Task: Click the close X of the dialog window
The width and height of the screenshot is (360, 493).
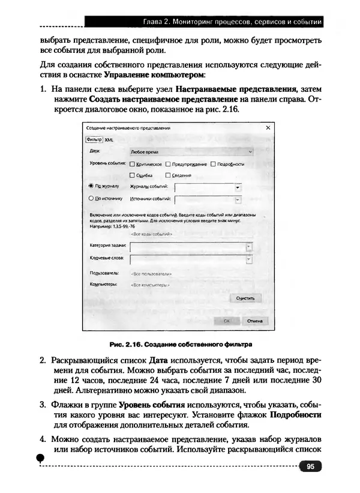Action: coord(268,128)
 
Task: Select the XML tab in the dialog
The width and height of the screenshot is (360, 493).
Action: coord(109,139)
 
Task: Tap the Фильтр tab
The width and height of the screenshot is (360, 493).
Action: coord(95,139)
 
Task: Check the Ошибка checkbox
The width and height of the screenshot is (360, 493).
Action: coord(132,175)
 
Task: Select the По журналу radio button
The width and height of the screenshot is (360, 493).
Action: coord(91,187)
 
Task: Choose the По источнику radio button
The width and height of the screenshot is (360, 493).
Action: coord(91,198)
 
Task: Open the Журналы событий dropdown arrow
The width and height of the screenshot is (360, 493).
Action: coord(237,187)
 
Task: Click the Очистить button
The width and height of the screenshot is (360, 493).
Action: coord(245,297)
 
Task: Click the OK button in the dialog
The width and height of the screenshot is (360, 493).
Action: coord(227,321)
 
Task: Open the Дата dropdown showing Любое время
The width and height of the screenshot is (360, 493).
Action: coord(189,153)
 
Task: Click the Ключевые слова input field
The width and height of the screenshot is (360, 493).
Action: coord(187,259)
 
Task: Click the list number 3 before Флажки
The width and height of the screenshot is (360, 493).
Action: coord(43,404)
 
